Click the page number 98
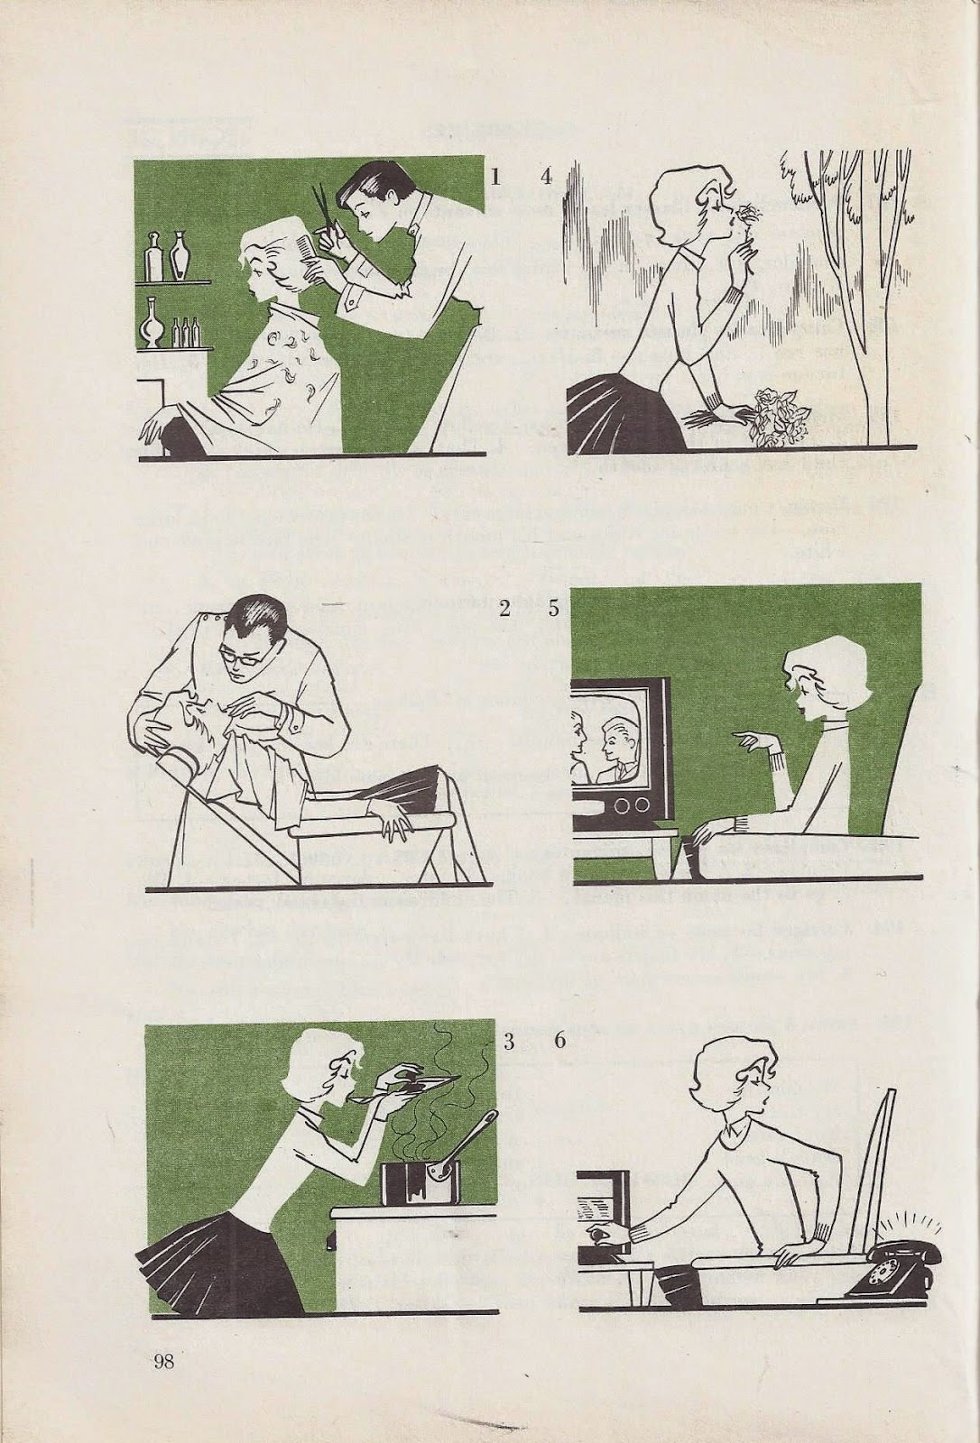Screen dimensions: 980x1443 (x=163, y=1358)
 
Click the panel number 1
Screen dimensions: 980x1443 (x=495, y=176)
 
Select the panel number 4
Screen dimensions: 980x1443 (x=548, y=176)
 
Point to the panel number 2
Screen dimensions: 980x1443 (x=504, y=609)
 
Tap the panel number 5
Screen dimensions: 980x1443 (x=554, y=609)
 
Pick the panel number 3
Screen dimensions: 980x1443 (x=509, y=1043)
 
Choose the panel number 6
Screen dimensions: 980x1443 (x=559, y=1043)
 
